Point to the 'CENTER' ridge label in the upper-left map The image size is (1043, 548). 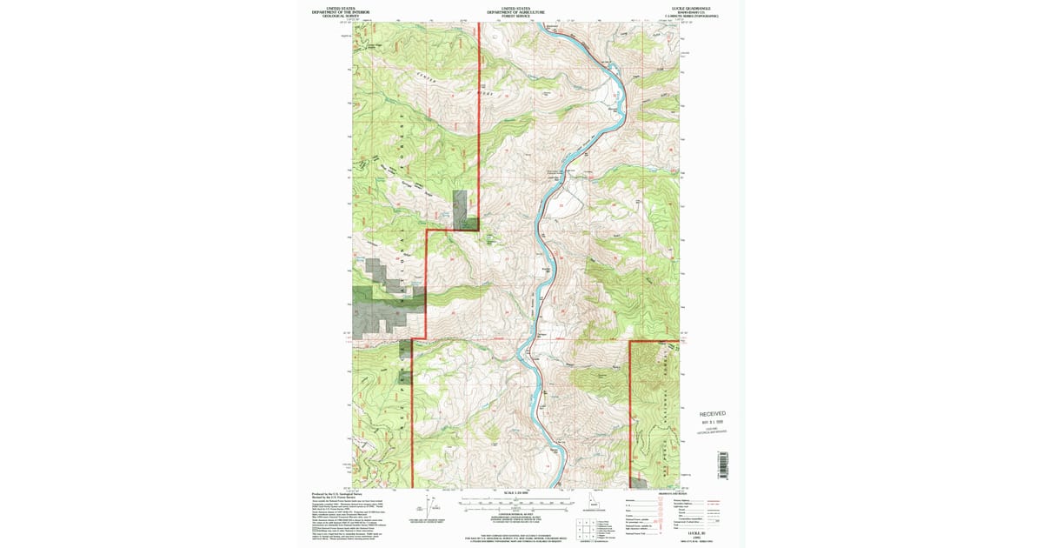click(426, 79)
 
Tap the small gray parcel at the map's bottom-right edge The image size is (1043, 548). click(638, 482)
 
